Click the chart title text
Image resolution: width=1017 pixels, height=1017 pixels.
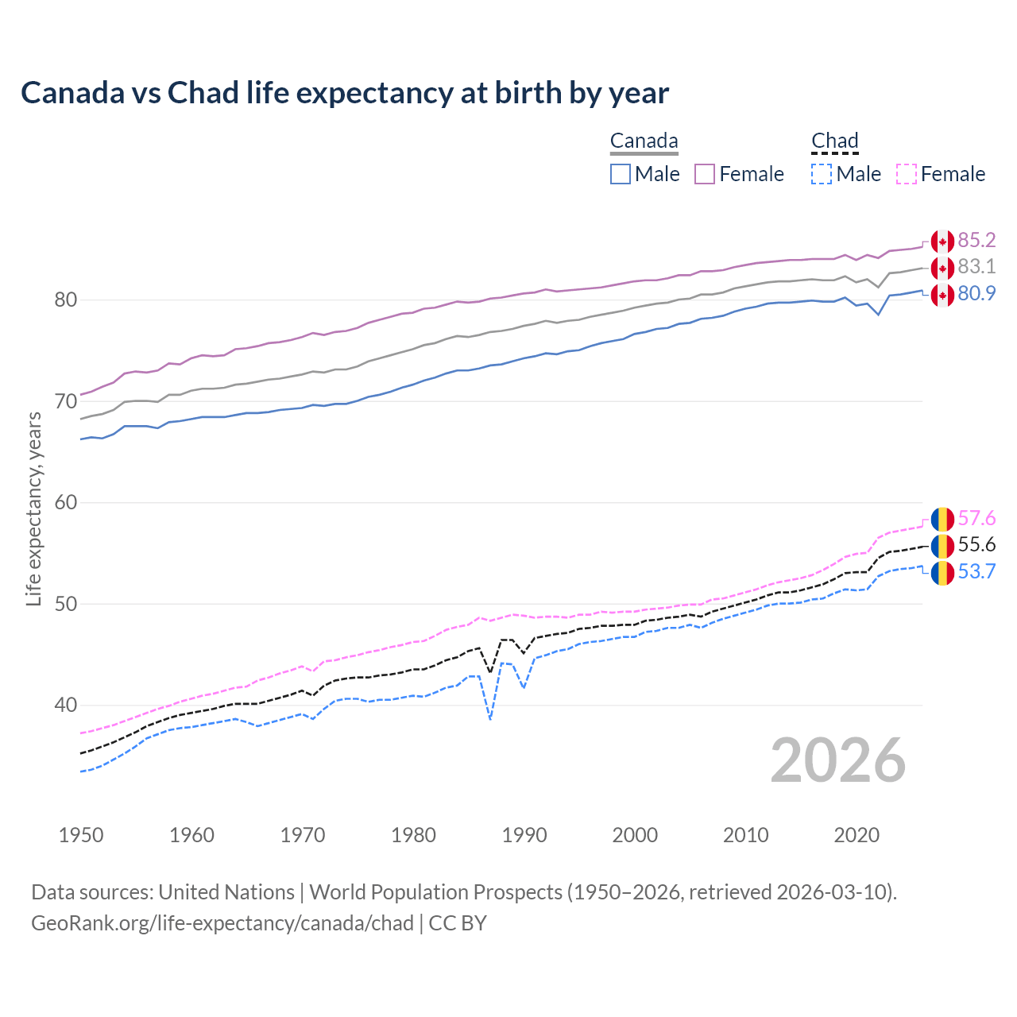345,93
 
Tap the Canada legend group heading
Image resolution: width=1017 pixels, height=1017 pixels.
644,141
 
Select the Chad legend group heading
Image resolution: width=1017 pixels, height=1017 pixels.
834,141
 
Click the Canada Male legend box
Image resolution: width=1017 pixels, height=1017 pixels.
621,174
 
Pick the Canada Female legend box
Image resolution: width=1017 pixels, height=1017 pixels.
705,174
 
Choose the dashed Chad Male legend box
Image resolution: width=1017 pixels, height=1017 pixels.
822,174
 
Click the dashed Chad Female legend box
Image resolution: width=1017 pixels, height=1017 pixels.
907,174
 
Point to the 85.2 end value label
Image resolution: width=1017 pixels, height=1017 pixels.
976,240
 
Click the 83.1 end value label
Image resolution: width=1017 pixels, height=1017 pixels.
976,267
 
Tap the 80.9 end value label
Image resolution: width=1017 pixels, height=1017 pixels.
976,294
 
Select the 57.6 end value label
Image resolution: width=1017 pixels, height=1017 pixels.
976,519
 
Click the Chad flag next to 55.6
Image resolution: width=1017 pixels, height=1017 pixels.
942,546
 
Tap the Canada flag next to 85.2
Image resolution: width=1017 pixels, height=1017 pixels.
942,241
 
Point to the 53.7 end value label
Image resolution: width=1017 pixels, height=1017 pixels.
976,572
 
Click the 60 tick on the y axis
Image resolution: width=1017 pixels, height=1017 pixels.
66,502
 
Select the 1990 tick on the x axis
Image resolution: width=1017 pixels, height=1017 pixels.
524,835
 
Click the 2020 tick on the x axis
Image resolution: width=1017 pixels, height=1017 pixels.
857,835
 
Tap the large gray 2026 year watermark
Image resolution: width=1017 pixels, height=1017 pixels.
838,760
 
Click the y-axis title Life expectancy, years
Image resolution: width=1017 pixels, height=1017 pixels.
34,508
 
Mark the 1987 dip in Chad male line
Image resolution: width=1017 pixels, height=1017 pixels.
490,718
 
